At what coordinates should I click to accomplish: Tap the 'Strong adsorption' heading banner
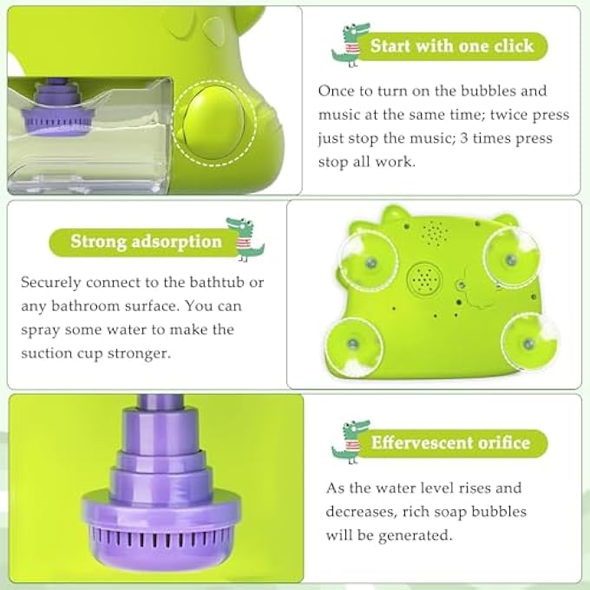(x=146, y=241)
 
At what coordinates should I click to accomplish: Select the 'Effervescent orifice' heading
(x=450, y=442)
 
